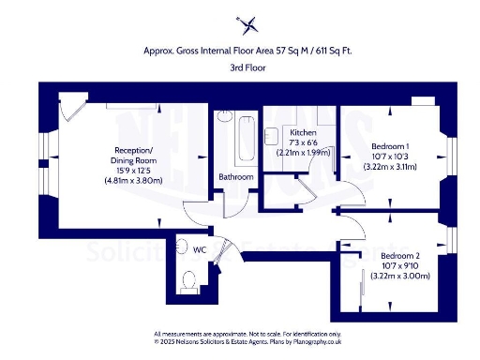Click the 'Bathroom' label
click(235, 177)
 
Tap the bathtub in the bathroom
click(245, 141)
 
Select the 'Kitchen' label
click(304, 132)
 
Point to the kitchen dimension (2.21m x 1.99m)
click(304, 152)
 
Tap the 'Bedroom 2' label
click(400, 256)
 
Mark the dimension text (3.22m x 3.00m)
click(400, 276)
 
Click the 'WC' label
click(199, 250)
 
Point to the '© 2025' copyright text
click(166, 343)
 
